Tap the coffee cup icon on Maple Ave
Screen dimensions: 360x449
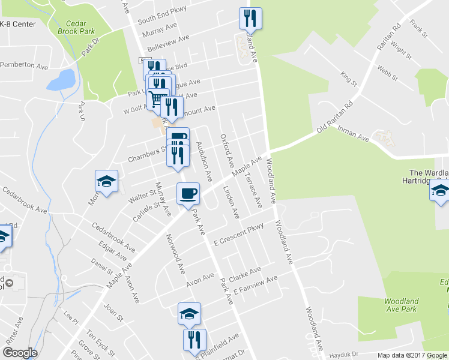point(188,193)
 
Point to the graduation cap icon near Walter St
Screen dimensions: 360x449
point(107,181)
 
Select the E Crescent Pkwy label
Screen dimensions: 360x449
point(239,235)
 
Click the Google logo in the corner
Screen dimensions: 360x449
point(20,353)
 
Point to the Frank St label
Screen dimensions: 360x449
point(418,29)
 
